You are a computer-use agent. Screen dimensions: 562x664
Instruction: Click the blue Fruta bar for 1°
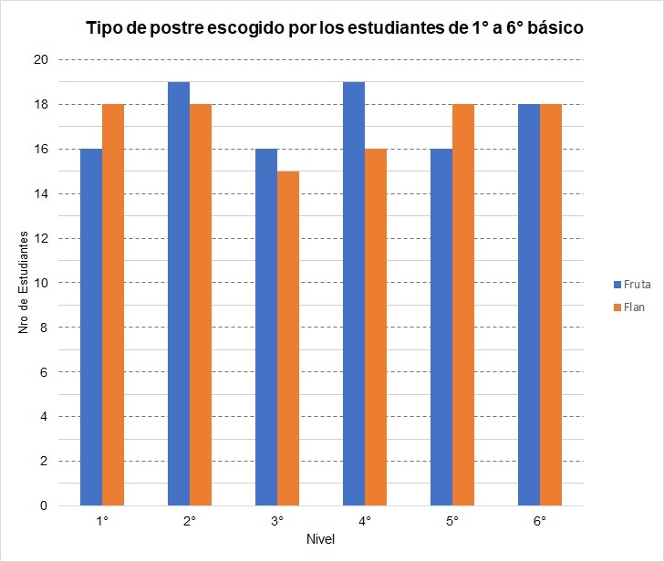91,327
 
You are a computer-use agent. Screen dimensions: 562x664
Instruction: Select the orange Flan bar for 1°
113,305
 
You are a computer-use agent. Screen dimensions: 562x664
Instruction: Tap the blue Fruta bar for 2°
179,294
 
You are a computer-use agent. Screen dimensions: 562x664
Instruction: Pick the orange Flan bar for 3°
288,338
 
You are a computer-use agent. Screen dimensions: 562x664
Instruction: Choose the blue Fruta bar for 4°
354,294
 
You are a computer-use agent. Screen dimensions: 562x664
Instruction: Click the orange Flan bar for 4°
376,327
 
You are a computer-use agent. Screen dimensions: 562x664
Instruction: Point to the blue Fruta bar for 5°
441,327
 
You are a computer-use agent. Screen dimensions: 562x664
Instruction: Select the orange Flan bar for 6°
551,305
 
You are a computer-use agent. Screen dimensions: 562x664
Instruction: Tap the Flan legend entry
627,307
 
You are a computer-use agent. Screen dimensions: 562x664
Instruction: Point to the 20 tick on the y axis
40,60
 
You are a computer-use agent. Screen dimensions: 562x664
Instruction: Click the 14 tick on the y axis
40,193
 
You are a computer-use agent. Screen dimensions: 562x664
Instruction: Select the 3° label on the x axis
277,521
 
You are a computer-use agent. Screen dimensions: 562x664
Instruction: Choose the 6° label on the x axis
540,521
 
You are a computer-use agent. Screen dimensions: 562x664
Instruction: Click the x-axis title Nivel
320,539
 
